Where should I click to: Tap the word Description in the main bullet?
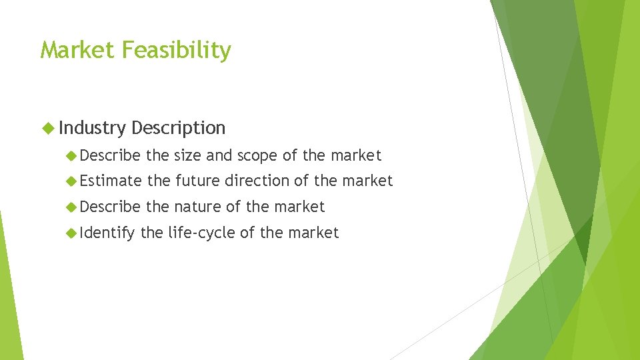pyautogui.click(x=179, y=128)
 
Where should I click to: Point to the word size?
pyautogui.click(x=188, y=156)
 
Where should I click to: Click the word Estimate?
pyautogui.click(x=111, y=181)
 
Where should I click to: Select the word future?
pyautogui.click(x=197, y=181)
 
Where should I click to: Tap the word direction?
pyautogui.click(x=261, y=181)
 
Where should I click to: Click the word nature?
pyautogui.click(x=199, y=207)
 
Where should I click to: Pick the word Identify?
pyautogui.click(x=107, y=233)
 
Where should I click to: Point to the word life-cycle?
pyautogui.click(x=197, y=233)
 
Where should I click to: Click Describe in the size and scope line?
pyautogui.click(x=110, y=156)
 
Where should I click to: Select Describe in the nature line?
pyautogui.click(x=110, y=207)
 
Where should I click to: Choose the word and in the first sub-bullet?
pyautogui.click(x=218, y=156)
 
